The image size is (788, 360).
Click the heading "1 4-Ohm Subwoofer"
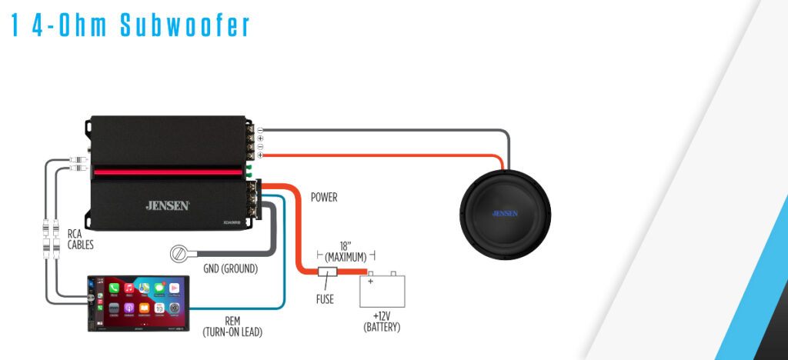pyautogui.click(x=131, y=25)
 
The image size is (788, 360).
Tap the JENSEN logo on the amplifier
pyautogui.click(x=167, y=205)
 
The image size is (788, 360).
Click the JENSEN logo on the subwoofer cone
pyautogui.click(x=505, y=213)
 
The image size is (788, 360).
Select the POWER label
pyautogui.click(x=324, y=198)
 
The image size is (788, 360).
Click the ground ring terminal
pyautogui.click(x=179, y=253)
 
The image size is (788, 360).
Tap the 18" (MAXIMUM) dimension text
pyautogui.click(x=346, y=252)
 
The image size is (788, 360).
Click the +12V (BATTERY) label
pyautogui.click(x=382, y=323)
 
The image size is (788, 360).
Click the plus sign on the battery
pyautogui.click(x=370, y=282)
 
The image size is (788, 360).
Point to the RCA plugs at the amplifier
pyautogui.click(x=76, y=165)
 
